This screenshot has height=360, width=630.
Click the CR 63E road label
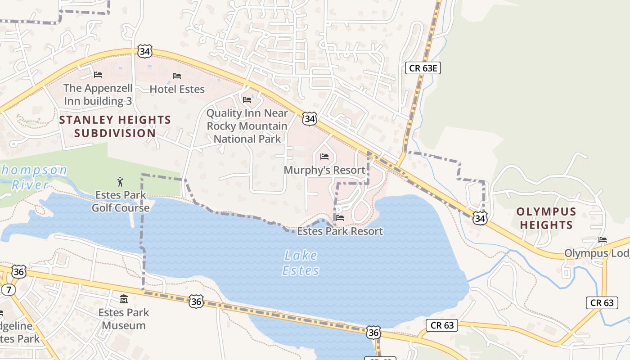[423, 68]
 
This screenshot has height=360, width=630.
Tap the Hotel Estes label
[177, 89]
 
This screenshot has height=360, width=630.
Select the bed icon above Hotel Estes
[177, 76]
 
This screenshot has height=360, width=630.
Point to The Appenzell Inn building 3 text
[98, 94]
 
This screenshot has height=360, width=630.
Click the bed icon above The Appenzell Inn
[98, 74]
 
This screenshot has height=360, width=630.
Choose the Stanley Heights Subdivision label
[115, 126]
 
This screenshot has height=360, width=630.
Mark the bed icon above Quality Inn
[247, 99]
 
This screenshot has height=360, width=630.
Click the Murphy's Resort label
[324, 170]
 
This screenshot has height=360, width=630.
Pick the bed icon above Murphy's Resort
[324, 157]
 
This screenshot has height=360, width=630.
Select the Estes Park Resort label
[340, 231]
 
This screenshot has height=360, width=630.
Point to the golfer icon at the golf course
[120, 182]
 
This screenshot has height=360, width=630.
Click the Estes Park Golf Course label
[121, 201]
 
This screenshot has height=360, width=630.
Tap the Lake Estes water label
[301, 263]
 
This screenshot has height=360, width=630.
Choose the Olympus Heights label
[546, 218]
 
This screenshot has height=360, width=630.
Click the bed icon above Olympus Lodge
[603, 240]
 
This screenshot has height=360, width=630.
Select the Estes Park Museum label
[124, 319]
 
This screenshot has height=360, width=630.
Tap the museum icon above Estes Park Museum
[124, 299]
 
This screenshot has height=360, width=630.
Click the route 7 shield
[8, 289]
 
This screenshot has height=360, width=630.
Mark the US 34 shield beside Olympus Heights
[480, 219]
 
